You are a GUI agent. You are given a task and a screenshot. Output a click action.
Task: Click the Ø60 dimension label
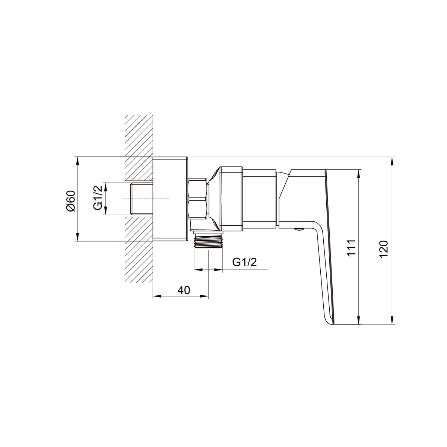pos(71,201)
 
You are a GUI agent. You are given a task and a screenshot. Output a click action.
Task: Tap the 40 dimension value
pos(184,290)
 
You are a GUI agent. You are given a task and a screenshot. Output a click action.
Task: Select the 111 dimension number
pos(351,248)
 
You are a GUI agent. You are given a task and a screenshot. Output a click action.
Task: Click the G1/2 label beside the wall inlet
pos(98,198)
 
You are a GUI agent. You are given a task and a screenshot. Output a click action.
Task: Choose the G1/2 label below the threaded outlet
pos(244,262)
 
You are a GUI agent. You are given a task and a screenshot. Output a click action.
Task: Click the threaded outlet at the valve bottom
pos(208,242)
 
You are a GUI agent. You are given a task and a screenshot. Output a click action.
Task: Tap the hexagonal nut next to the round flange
pos(197,199)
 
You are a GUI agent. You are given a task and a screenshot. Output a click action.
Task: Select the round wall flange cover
pos(170,199)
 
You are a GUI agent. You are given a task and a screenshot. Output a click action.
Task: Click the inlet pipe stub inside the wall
pos(142,199)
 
